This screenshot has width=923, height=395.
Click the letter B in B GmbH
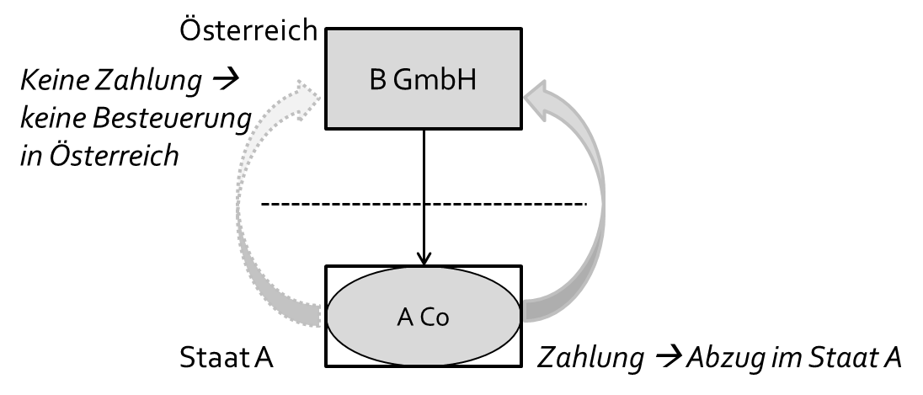click(377, 80)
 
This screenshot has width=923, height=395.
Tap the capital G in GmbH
click(403, 80)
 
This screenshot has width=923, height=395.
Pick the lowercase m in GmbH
click(426, 83)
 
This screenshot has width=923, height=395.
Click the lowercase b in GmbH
click(446, 79)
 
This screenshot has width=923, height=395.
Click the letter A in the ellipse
click(405, 318)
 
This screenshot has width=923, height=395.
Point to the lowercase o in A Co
click(443, 320)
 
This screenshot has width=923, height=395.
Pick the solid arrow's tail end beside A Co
click(530, 311)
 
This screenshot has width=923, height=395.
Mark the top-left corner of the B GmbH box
click(328, 32)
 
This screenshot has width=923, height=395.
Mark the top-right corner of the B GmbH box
click(518, 32)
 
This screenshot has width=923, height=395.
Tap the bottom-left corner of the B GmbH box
click(328, 125)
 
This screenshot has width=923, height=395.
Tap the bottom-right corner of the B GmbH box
click(518, 125)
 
